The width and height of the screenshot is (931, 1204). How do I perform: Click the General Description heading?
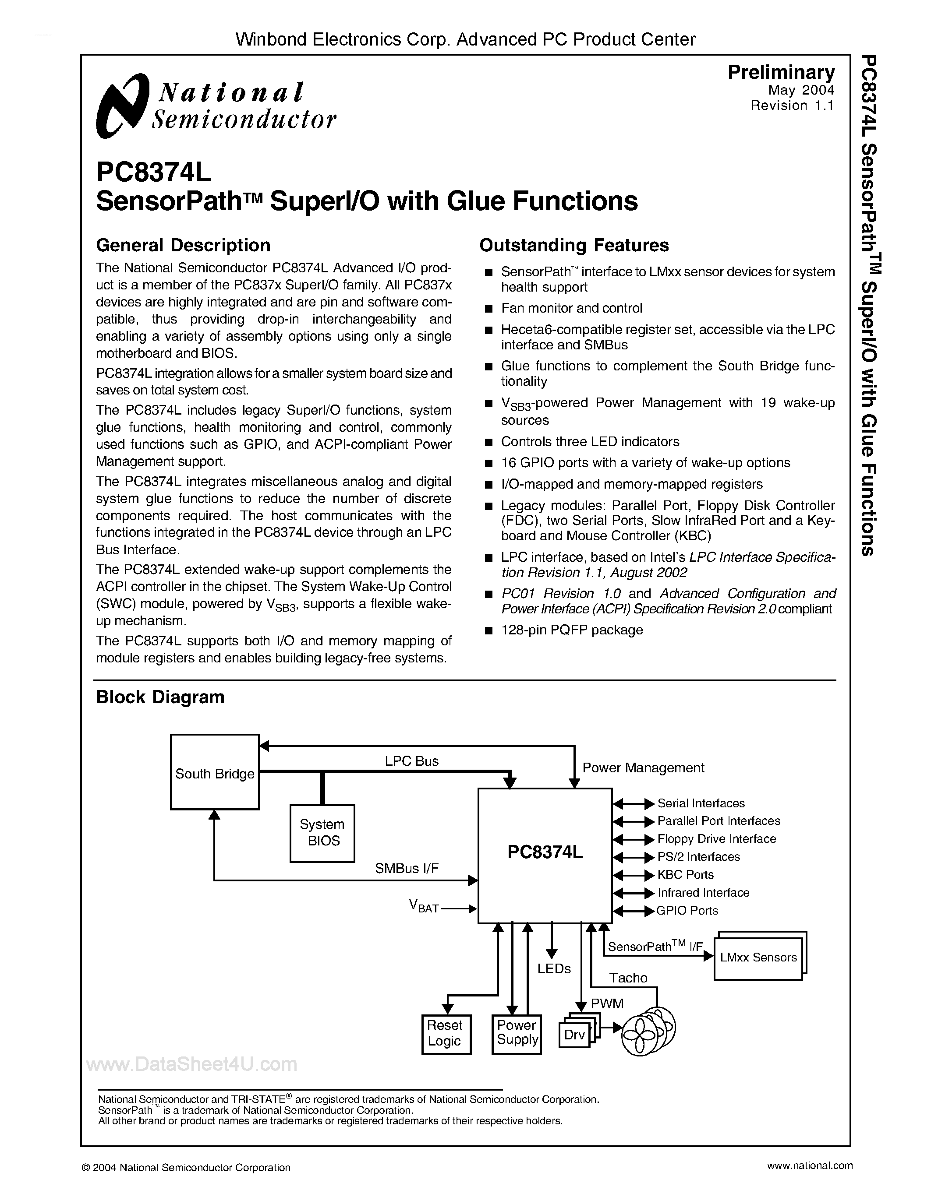pyautogui.click(x=183, y=245)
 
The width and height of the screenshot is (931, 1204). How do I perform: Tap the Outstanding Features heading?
pyautogui.click(x=573, y=245)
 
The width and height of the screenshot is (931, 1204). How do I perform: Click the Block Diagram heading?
pyautogui.click(x=160, y=697)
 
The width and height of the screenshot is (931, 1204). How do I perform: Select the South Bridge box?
pyautogui.click(x=215, y=772)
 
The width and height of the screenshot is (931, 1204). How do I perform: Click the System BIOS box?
pyautogui.click(x=322, y=832)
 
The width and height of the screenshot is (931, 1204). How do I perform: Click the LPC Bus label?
pyautogui.click(x=411, y=761)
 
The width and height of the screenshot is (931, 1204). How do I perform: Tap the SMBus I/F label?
pyautogui.click(x=407, y=868)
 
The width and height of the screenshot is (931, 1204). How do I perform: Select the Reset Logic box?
pyautogui.click(x=446, y=1034)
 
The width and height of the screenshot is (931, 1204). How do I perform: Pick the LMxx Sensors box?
pyautogui.click(x=758, y=958)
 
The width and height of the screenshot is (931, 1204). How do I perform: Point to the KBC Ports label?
pyautogui.click(x=685, y=875)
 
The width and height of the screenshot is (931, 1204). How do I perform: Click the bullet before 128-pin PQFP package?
pyautogui.click(x=488, y=630)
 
